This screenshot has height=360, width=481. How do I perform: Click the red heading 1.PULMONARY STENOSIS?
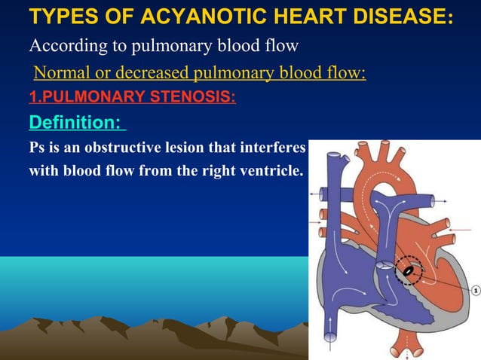pos(132,96)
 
